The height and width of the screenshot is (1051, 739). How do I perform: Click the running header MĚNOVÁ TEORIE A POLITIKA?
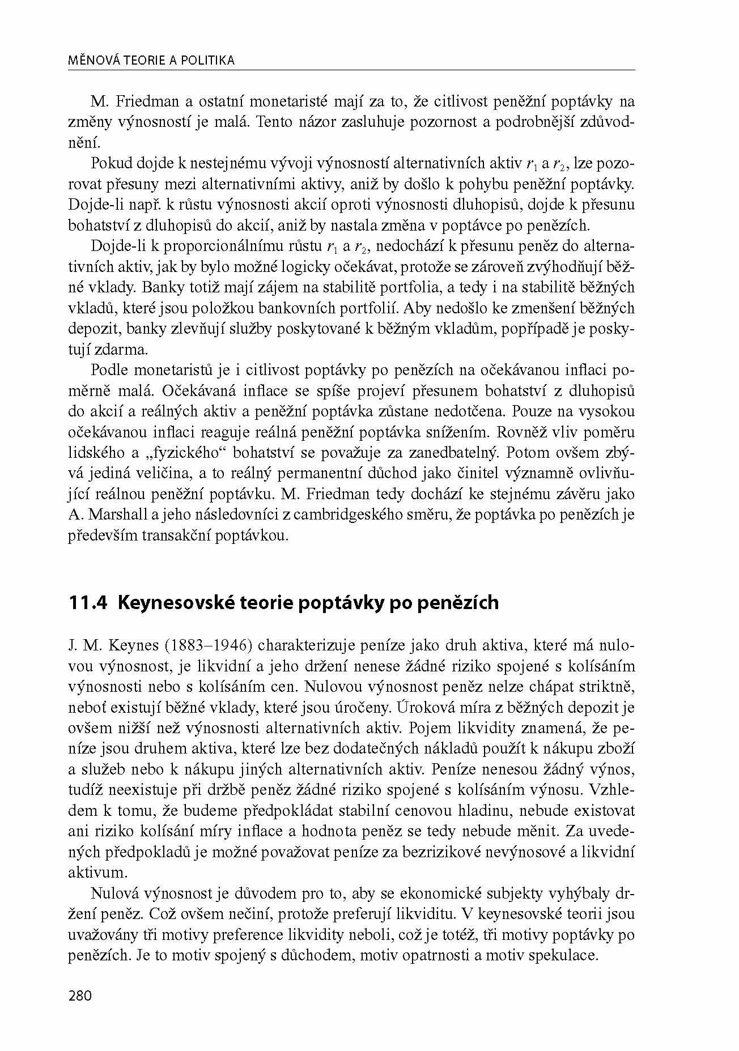point(151,61)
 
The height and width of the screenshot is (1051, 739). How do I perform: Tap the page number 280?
point(80,995)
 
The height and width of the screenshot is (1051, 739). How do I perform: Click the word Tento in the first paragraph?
point(274,122)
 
